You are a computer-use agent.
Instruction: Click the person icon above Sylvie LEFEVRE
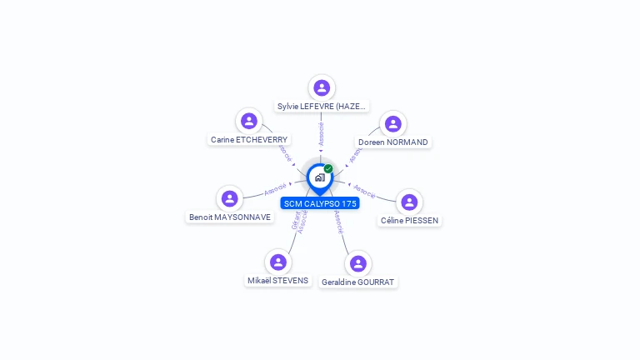click(x=322, y=87)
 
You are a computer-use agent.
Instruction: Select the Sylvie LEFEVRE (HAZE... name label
click(x=322, y=107)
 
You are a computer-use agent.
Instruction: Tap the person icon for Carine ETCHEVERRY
click(x=249, y=121)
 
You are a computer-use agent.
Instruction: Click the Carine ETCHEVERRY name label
click(x=249, y=140)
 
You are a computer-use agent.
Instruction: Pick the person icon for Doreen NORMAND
click(x=392, y=123)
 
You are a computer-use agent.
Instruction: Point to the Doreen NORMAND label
click(x=392, y=142)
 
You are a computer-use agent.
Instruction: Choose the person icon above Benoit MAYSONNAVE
click(x=230, y=198)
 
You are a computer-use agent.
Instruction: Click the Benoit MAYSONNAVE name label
click(x=230, y=217)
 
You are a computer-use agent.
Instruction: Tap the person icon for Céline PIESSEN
click(x=409, y=202)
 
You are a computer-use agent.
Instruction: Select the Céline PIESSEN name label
click(x=409, y=221)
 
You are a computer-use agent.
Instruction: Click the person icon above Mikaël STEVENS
click(x=278, y=262)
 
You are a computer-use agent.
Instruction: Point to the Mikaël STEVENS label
click(x=278, y=281)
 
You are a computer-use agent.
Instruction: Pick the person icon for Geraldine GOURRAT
click(x=358, y=263)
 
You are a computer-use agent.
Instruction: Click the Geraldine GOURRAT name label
click(x=358, y=282)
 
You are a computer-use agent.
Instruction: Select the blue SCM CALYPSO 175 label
click(x=320, y=203)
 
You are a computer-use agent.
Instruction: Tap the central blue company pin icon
click(x=320, y=177)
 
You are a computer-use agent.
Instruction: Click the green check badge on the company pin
click(x=328, y=169)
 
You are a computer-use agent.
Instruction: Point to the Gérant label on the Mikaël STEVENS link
click(x=295, y=221)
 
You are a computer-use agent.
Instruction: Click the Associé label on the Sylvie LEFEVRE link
click(x=322, y=133)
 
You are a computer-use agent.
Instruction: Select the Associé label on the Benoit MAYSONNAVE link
click(x=275, y=189)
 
